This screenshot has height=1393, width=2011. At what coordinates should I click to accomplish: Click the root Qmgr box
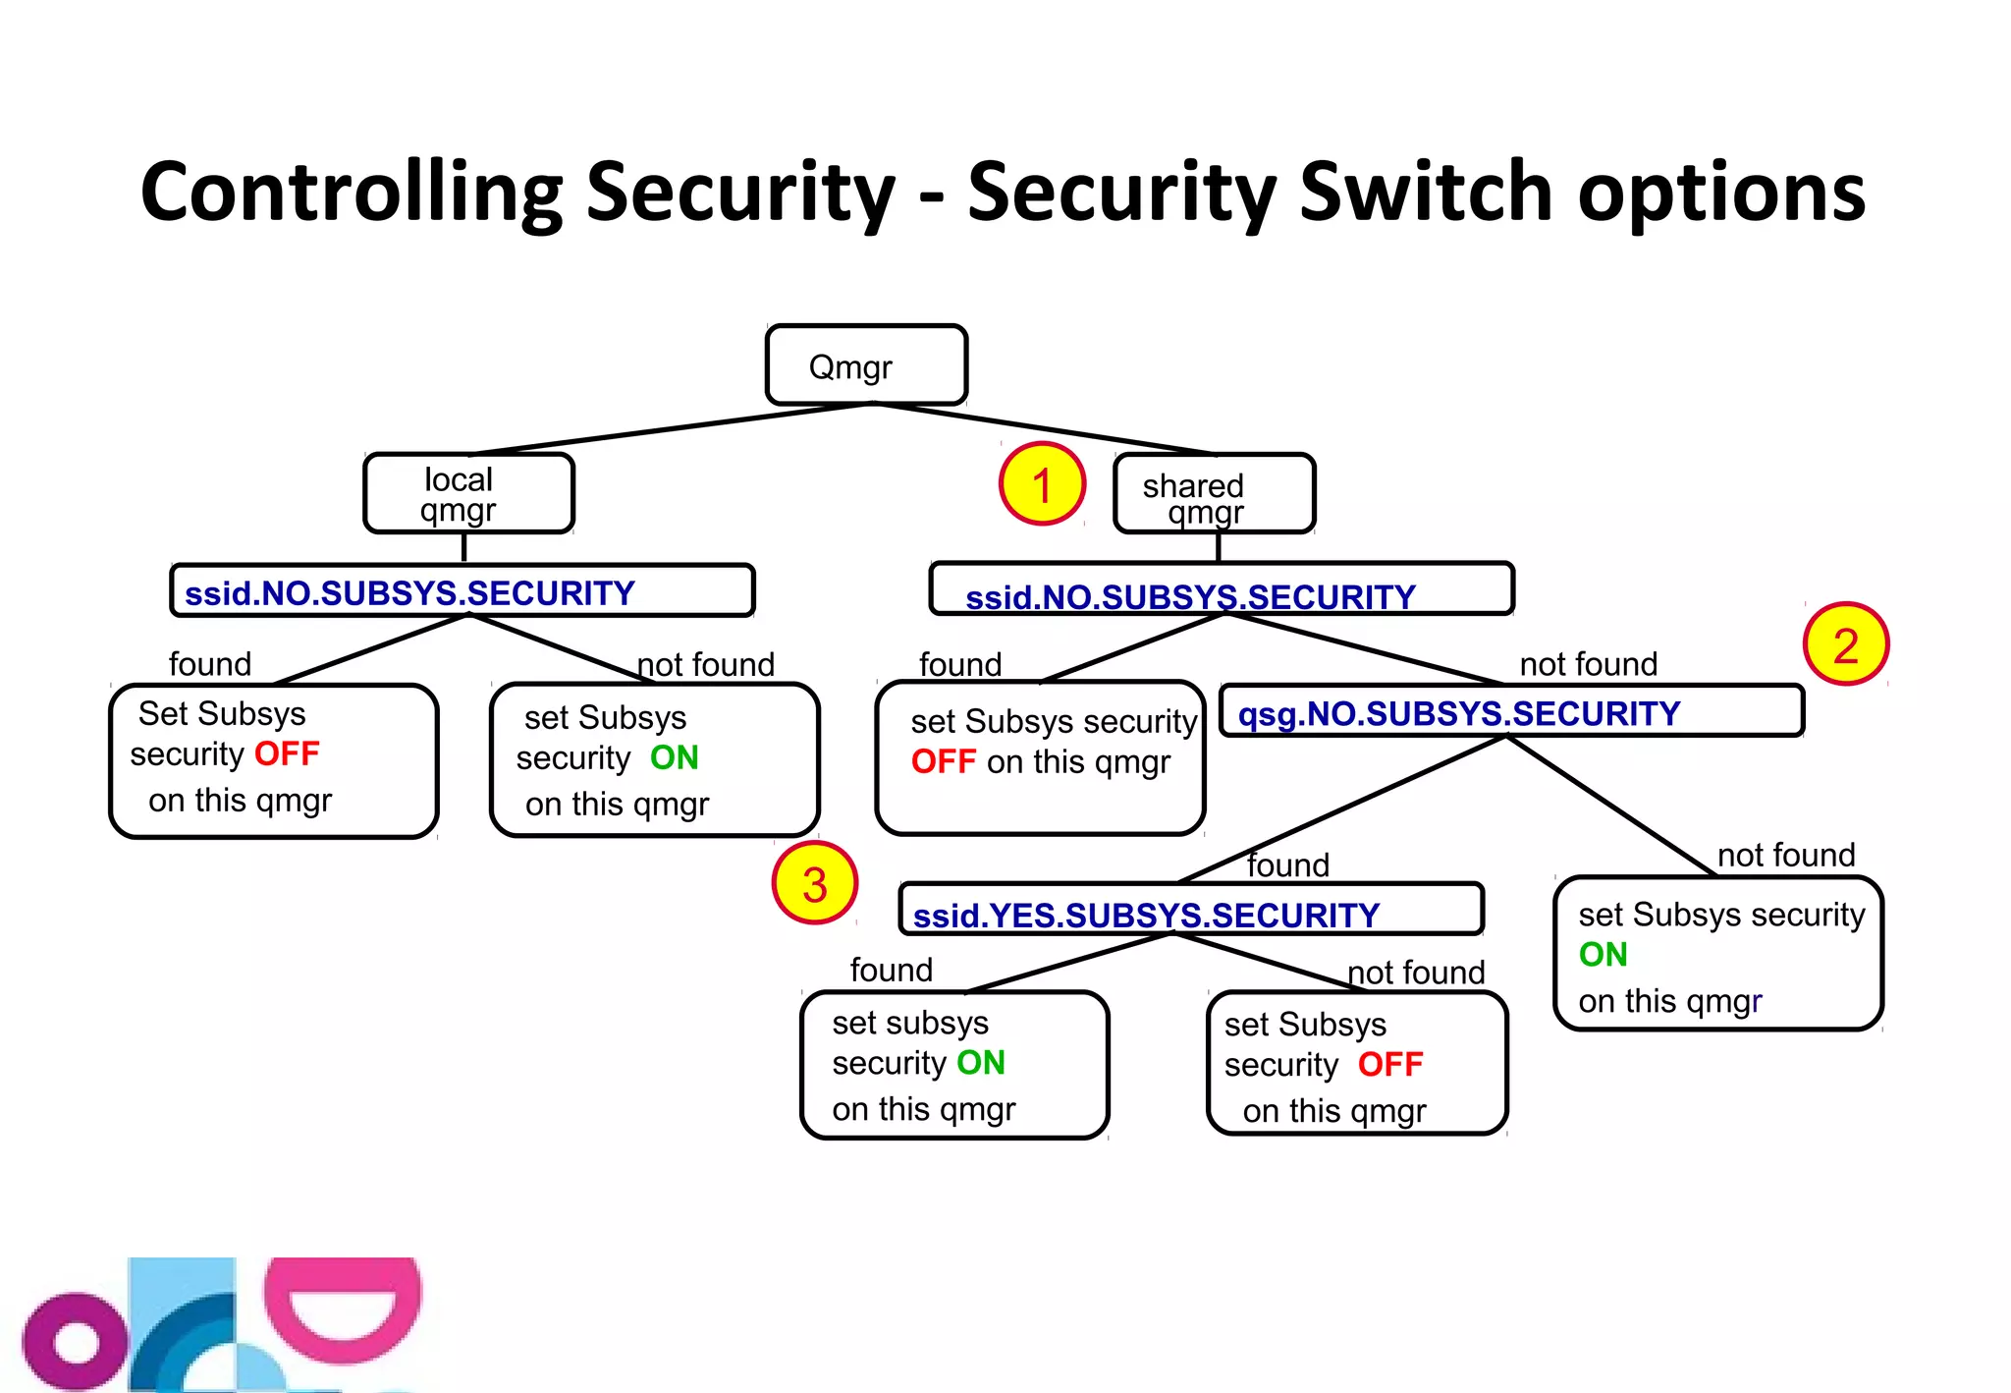(866, 365)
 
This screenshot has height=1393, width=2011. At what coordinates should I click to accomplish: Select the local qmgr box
(468, 493)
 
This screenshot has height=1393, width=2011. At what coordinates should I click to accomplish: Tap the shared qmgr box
(1214, 494)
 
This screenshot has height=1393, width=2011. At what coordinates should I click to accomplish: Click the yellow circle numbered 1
(1042, 484)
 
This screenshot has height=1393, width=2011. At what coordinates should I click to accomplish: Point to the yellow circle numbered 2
(1846, 644)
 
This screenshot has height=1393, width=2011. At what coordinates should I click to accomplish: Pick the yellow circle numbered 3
(814, 883)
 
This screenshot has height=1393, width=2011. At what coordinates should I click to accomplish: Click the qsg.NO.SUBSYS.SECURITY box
(1510, 712)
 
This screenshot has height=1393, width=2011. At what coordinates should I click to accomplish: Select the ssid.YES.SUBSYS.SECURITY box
(1190, 911)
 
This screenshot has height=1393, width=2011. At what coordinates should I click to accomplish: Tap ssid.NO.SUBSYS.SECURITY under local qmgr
(462, 591)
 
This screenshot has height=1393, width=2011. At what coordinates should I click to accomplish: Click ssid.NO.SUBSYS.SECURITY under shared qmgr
(1221, 590)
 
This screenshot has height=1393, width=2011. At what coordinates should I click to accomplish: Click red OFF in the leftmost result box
(287, 753)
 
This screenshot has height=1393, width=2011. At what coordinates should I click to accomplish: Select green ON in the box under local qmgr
(674, 757)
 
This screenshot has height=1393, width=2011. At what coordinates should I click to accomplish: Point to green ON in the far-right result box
(1603, 954)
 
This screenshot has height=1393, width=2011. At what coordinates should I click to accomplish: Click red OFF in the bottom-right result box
(1389, 1064)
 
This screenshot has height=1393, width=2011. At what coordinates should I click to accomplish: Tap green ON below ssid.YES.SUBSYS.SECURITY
(980, 1062)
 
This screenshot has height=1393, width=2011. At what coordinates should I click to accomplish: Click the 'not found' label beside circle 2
(1588, 664)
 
